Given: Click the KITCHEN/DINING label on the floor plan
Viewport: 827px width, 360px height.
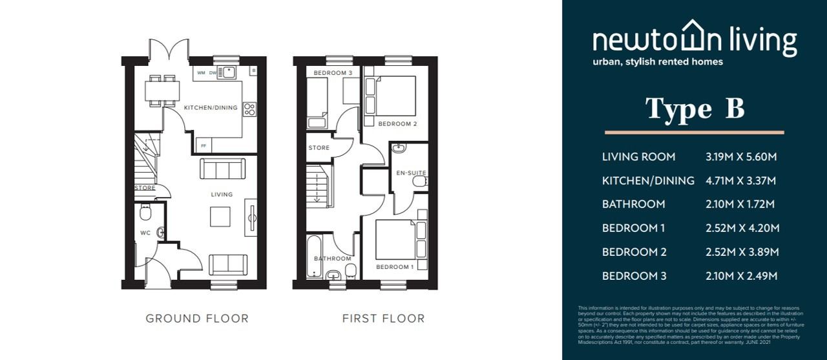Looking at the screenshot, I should coord(211,107).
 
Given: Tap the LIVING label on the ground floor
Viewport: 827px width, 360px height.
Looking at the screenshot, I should coord(221,194).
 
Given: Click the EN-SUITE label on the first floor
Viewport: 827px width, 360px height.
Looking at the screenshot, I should coord(411,173).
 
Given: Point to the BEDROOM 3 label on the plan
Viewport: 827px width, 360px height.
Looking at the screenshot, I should coord(333,73).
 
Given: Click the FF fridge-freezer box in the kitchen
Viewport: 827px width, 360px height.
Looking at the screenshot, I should coord(204,146).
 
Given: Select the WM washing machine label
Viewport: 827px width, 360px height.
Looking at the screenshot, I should coord(201,73).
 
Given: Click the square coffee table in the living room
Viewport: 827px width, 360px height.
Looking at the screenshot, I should coord(220,217).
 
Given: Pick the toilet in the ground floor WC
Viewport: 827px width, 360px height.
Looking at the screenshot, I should coord(145,212).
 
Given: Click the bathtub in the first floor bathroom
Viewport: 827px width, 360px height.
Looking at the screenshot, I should coord(314,257).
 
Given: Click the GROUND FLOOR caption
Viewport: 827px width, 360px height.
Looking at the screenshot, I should coord(197,318).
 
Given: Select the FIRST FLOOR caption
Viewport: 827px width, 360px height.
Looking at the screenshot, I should coord(383,318).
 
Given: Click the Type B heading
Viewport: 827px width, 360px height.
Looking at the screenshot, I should coord(695,109).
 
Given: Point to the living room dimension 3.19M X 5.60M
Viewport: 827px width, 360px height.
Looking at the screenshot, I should coord(741,156).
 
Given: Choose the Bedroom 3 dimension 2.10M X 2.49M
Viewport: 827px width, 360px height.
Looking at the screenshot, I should coord(741,276).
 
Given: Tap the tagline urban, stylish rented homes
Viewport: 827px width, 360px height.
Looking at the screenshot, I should coord(658,62).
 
